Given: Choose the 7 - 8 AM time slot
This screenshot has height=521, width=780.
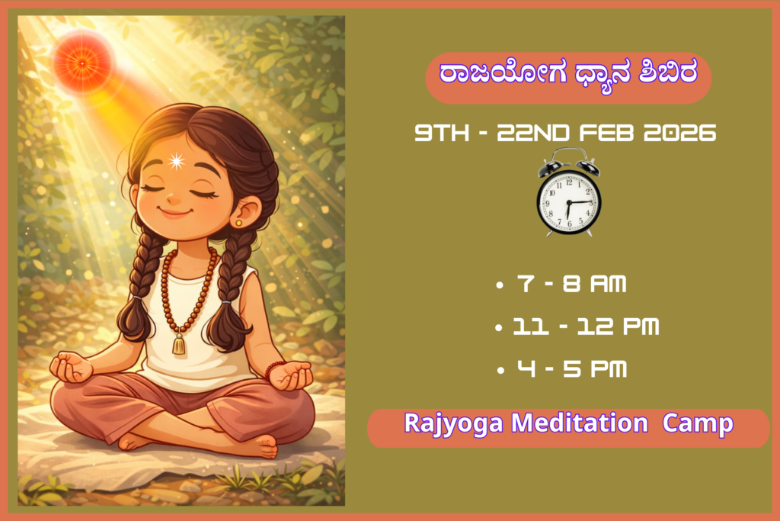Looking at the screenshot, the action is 571,284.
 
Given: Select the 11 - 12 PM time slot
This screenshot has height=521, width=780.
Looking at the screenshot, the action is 586,326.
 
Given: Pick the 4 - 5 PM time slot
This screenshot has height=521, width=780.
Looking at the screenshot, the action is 571,369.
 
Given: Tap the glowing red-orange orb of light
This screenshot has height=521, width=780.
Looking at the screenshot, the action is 82,63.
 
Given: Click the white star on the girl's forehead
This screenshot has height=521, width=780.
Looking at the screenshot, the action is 176,161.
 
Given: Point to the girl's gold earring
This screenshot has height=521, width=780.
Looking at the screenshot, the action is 238,223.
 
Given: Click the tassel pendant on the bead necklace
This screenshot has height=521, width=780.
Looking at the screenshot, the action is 178,344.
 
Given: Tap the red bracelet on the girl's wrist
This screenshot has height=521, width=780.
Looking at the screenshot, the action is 272,369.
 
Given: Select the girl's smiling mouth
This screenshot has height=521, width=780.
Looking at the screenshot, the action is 174,213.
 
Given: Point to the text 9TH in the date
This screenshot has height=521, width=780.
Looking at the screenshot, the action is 442,133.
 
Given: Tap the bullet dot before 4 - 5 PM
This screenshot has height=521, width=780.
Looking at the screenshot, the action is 500,371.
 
